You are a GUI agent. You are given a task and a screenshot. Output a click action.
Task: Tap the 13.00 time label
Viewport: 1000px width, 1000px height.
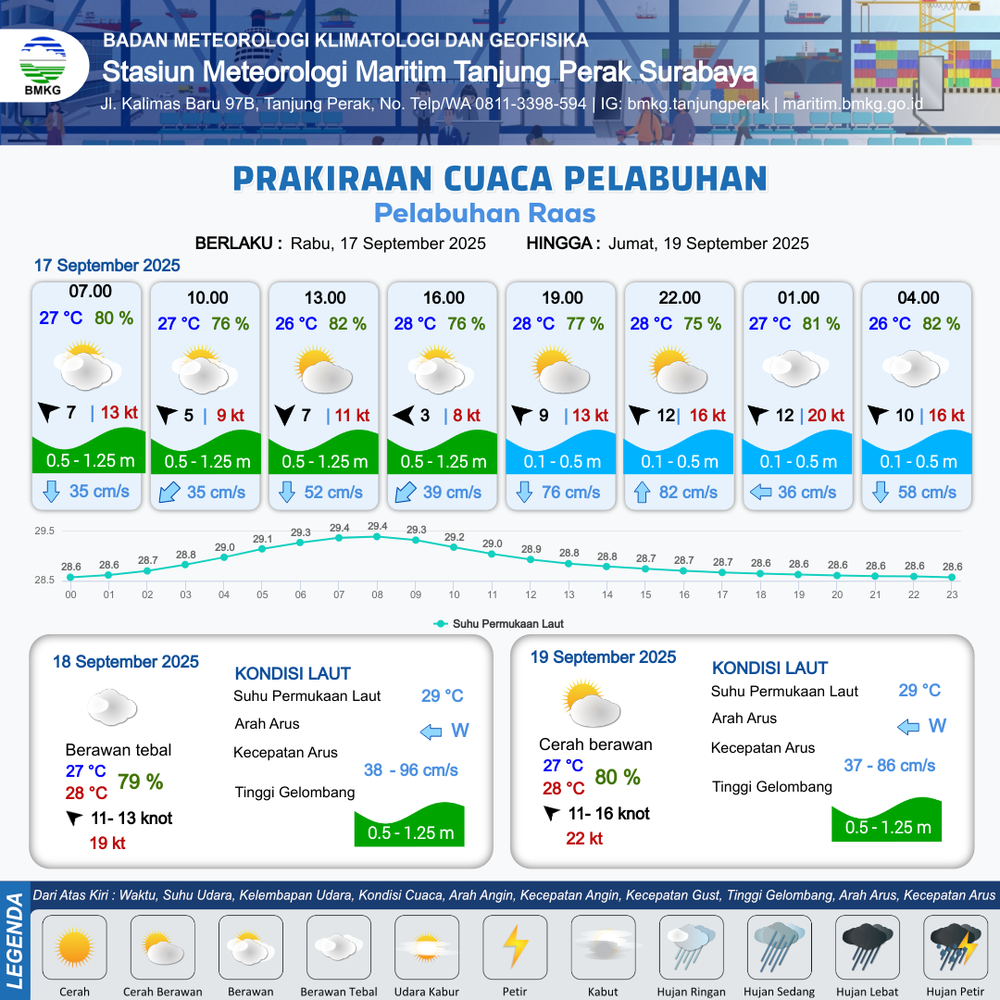tap(325, 298)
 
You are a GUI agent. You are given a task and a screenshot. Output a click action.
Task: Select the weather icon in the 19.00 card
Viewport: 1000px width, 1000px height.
tap(560, 369)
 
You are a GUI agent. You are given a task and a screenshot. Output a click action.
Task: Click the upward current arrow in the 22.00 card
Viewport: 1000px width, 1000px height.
tap(642, 493)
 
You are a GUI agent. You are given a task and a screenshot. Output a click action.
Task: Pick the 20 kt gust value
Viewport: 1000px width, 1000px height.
tap(826, 415)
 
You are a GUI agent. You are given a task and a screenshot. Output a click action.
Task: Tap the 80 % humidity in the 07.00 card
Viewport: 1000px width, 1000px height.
tap(114, 318)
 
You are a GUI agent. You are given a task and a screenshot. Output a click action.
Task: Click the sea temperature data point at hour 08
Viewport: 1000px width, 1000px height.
tap(377, 537)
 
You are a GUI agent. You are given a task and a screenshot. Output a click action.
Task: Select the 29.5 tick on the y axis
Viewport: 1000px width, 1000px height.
tap(44, 531)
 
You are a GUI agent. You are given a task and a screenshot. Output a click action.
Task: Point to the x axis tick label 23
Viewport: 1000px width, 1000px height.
tap(952, 594)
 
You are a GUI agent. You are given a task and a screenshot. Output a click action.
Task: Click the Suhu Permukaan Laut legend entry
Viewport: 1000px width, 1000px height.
tap(498, 624)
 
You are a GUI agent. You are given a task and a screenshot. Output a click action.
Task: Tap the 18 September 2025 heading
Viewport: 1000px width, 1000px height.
tap(126, 662)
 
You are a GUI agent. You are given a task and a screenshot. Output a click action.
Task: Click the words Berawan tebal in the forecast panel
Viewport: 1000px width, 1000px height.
tap(119, 750)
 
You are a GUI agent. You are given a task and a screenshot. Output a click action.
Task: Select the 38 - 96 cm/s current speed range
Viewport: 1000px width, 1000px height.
tap(411, 769)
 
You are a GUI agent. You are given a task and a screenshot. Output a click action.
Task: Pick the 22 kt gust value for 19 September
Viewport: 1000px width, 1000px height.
tap(584, 838)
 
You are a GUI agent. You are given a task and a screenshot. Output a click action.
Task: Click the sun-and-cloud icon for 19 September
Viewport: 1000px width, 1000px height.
tap(591, 704)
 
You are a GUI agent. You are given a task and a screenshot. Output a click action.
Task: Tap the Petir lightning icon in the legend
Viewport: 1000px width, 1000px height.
tap(515, 946)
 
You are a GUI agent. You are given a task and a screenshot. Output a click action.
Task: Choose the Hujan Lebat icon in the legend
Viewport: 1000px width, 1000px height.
tap(867, 946)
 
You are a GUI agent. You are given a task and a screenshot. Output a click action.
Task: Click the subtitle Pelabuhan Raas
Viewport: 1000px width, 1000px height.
tap(484, 213)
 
